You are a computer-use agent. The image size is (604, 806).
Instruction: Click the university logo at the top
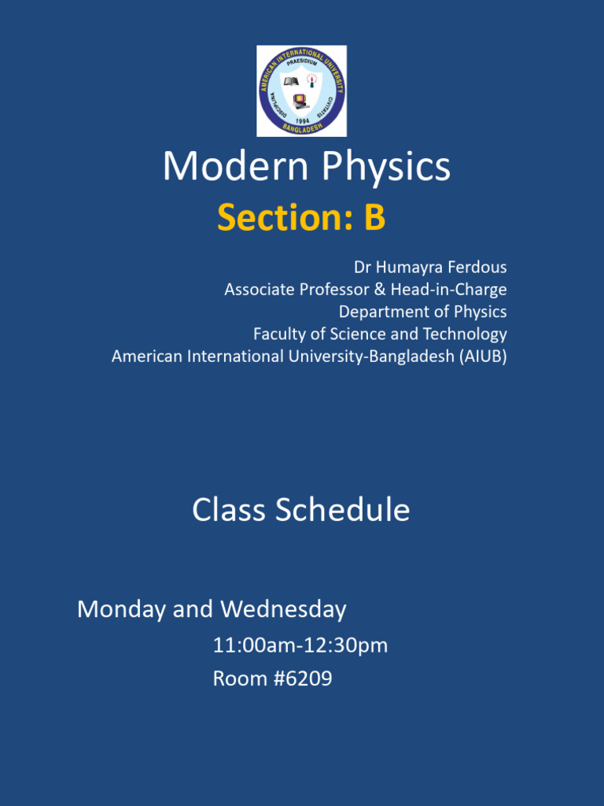(301, 91)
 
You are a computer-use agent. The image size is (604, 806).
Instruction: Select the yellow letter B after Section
(374, 218)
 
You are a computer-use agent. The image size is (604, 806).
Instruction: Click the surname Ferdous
(477, 267)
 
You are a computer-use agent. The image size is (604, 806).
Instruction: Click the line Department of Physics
(422, 311)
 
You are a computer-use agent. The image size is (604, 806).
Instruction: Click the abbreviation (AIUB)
(483, 356)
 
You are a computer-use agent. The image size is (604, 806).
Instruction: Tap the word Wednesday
(283, 608)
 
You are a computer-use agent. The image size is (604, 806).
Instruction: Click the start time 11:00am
(250, 646)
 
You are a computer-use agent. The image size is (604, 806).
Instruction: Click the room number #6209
(303, 678)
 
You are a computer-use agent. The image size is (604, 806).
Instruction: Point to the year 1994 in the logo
(302, 120)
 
